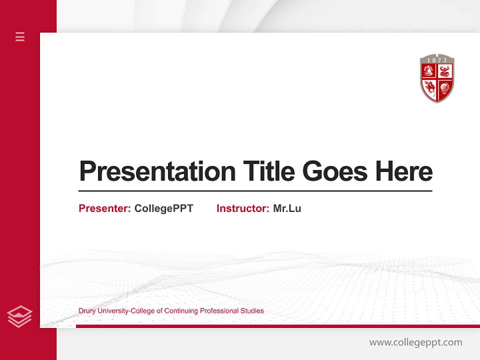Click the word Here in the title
tap(404, 171)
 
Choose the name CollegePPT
tap(163, 208)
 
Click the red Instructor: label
tap(243, 208)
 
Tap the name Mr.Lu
tap(287, 208)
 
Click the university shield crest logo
tap(437, 79)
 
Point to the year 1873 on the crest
tap(437, 60)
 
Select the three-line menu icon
tap(20, 36)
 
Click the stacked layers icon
tap(19, 316)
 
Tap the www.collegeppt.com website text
tap(415, 342)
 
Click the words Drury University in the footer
tap(103, 311)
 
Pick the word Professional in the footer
tap(219, 311)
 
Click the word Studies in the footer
tap(252, 311)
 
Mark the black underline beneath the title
tap(255, 190)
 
